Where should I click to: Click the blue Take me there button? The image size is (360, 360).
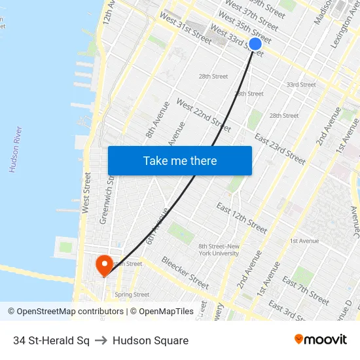tap(180, 160)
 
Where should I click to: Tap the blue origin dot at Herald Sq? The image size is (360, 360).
tap(255, 44)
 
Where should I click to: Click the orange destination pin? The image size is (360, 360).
tap(104, 265)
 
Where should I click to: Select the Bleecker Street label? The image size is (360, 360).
tap(185, 272)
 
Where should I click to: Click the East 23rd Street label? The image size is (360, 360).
tap(279, 149)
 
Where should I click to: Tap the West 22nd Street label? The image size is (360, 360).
tap(204, 116)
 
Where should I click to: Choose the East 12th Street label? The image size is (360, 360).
tap(242, 218)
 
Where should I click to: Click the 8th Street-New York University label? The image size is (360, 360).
tap(219, 249)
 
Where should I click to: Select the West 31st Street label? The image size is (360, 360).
tap(185, 27)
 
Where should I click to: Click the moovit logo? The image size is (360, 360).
tap(321, 340)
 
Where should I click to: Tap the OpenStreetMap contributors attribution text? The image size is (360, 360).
tap(65, 312)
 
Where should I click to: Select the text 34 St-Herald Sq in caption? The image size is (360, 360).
tap(51, 340)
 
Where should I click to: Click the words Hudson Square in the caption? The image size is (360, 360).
tap(151, 340)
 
